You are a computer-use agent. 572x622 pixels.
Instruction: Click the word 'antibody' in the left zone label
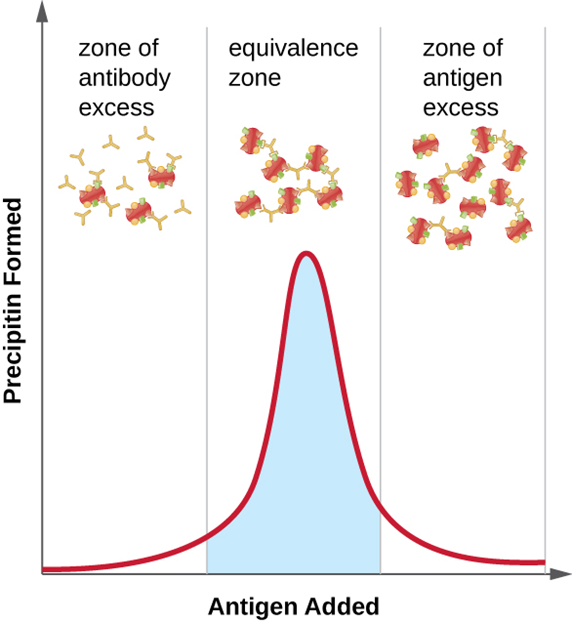(x=124, y=79)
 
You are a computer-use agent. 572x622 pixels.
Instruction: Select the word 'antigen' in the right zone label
(x=462, y=79)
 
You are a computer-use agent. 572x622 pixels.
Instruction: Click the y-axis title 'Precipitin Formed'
(x=13, y=300)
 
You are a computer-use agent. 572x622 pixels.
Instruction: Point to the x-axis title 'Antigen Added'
(x=293, y=606)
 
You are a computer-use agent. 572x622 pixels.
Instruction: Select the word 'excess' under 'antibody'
(x=116, y=108)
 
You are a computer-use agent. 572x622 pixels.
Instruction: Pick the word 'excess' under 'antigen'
(x=460, y=108)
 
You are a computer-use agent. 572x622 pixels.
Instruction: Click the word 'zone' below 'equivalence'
(x=254, y=78)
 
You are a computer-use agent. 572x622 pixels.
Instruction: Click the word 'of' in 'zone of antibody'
(x=148, y=48)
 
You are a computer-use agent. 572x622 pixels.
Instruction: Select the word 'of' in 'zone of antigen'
(x=492, y=48)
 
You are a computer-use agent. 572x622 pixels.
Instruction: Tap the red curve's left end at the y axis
(x=44, y=569)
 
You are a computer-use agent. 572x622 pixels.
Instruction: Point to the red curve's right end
(x=543, y=562)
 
